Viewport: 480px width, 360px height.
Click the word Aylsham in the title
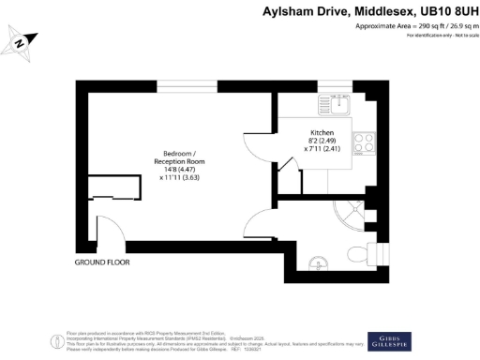292,11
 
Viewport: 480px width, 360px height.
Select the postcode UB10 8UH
441,11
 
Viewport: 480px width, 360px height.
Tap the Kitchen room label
322,133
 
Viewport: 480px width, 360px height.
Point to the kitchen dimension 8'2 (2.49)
322,142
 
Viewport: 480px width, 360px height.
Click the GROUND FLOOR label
102,262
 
